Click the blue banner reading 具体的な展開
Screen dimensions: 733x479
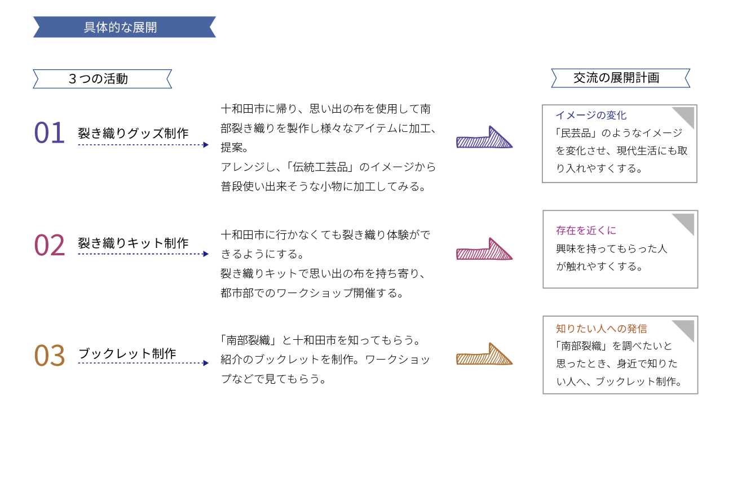[x=125, y=27]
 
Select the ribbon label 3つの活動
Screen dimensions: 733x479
[x=103, y=79]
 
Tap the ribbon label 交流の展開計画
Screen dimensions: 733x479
[x=620, y=78]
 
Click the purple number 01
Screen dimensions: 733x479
[x=50, y=132]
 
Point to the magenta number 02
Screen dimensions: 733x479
[x=50, y=245]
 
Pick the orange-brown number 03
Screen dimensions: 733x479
[x=50, y=356]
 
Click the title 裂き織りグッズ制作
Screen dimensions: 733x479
[x=133, y=133]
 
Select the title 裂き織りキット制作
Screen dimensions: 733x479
[x=133, y=243]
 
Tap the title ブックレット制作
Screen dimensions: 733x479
[x=127, y=353]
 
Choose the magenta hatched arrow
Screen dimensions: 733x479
[x=484, y=250]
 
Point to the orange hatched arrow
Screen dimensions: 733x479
[x=484, y=355]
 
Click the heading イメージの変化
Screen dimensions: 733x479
[x=591, y=115]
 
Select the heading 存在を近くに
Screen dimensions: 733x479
[x=586, y=230]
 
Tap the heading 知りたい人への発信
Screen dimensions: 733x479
[x=602, y=329]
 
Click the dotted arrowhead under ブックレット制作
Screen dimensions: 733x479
[x=205, y=363]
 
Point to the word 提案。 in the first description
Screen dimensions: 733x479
[x=235, y=148]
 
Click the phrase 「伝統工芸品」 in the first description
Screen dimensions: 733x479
[x=321, y=167]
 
